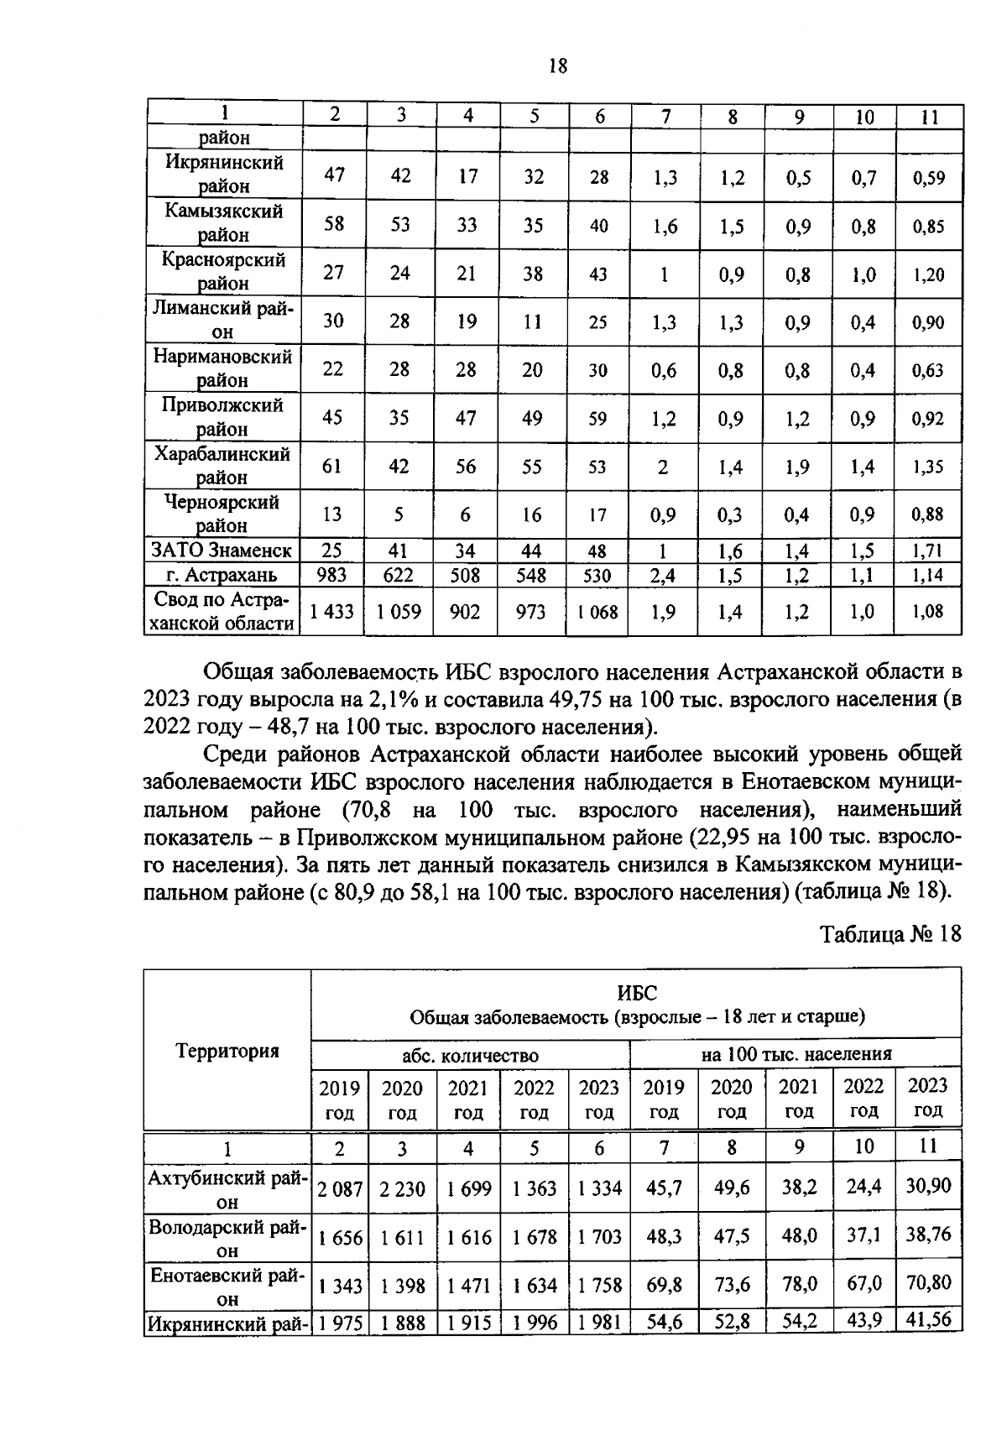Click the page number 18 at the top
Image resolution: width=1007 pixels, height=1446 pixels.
click(558, 65)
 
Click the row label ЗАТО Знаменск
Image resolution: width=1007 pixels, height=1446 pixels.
click(222, 551)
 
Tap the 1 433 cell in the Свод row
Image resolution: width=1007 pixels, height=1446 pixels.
click(333, 612)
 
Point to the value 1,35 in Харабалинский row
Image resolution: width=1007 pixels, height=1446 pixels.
click(929, 467)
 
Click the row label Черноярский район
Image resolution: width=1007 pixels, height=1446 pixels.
click(222, 514)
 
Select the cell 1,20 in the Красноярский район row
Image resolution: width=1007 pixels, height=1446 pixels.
click(929, 274)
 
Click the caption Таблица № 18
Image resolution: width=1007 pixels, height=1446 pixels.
click(890, 934)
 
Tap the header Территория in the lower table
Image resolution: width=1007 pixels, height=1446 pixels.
click(227, 1050)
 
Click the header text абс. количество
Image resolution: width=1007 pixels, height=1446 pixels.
click(470, 1055)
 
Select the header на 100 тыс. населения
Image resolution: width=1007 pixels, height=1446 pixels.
click(796, 1053)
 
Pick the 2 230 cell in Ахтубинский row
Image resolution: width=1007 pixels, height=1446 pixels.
click(402, 1189)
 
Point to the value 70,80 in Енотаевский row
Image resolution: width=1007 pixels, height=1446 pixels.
click(928, 1282)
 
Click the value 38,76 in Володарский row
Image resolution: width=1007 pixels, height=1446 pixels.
click(928, 1234)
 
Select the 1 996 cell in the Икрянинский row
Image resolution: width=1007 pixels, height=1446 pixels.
click(534, 1323)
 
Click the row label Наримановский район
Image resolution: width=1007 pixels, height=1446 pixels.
click(222, 368)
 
